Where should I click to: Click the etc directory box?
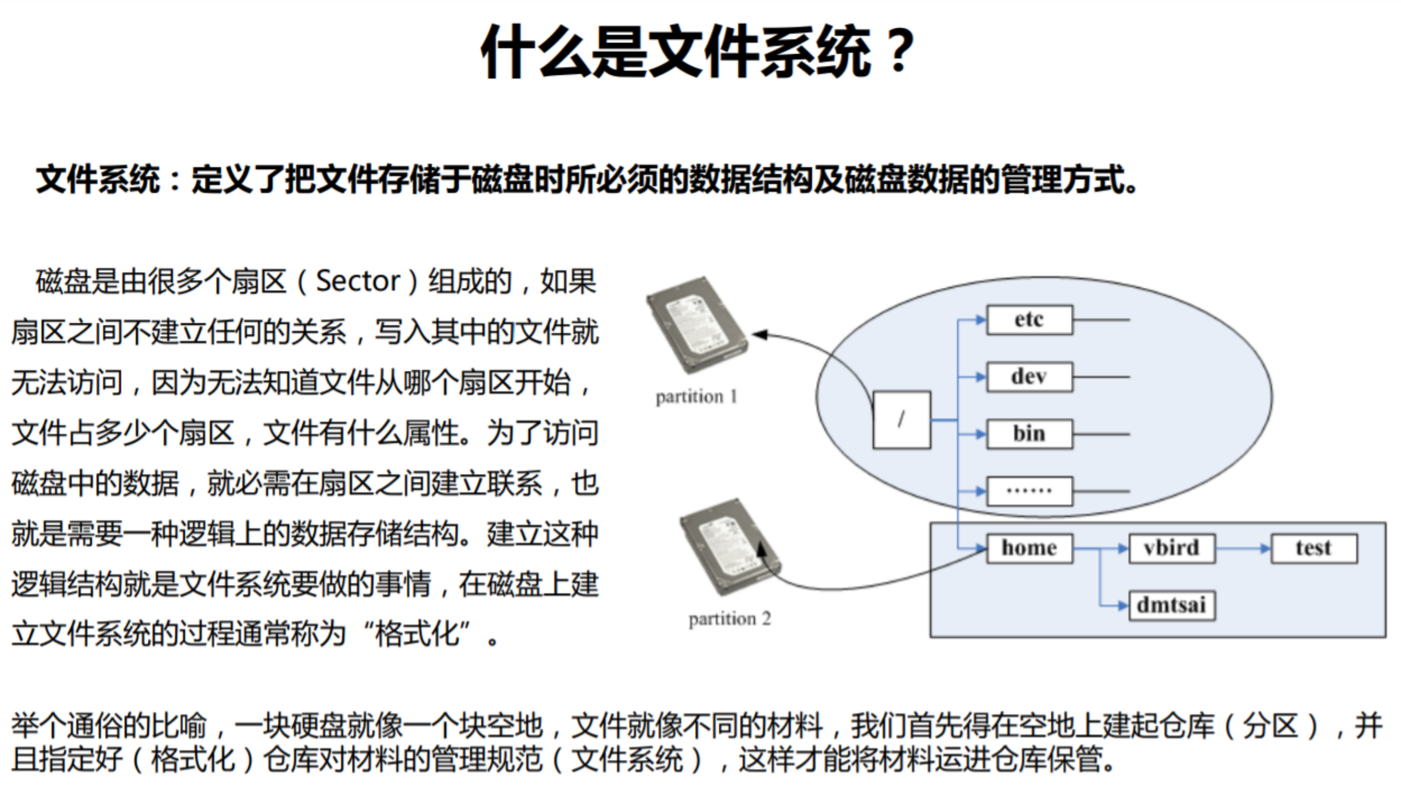click(1029, 320)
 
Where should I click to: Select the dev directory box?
click(1029, 377)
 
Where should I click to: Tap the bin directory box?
click(1029, 434)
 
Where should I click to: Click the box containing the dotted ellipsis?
click(1029, 491)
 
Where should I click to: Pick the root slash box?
click(901, 420)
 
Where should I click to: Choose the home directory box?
click(1029, 548)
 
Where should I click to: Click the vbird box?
click(1171, 548)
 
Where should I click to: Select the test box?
click(1314, 548)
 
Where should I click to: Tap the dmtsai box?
click(1171, 605)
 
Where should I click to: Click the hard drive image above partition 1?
click(696, 325)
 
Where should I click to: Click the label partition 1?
click(696, 397)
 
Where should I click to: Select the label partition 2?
click(729, 619)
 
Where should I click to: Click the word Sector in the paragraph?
click(358, 281)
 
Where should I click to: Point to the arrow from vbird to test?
click(1243, 548)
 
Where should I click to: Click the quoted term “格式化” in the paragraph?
click(417, 635)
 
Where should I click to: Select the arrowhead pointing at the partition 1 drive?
click(759, 335)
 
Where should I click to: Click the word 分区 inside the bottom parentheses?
click(1270, 726)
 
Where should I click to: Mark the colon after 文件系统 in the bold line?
click(174, 180)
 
